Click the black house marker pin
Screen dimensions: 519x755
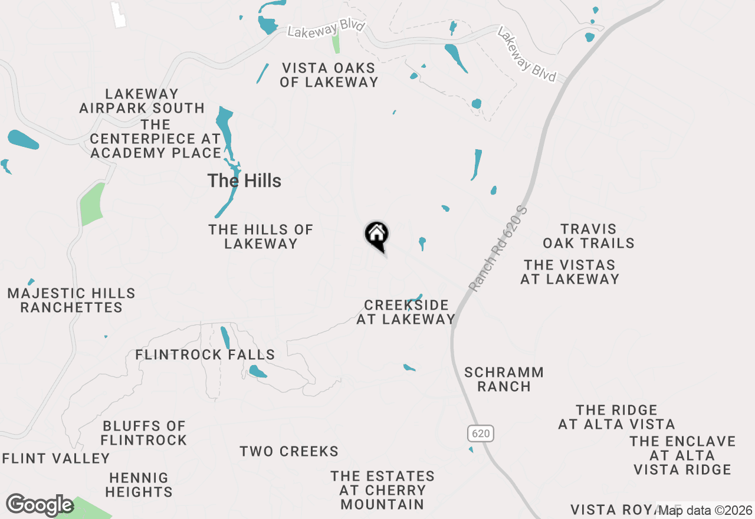[x=376, y=236]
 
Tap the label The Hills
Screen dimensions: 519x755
[x=244, y=181]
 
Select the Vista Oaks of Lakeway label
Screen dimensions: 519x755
[x=329, y=75]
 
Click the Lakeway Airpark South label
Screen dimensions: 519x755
[x=142, y=101]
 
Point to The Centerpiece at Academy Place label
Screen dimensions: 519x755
[x=156, y=139]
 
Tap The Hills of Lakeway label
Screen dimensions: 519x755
[x=261, y=236]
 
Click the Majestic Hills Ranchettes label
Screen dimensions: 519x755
[x=71, y=300]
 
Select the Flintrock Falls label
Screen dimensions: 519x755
[x=205, y=354]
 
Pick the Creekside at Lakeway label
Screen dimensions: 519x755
[x=406, y=312]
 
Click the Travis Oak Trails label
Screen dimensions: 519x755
[x=589, y=236]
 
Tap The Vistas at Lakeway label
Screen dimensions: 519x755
[x=570, y=272]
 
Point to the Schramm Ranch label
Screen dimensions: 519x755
[x=504, y=379]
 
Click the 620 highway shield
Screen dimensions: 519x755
[x=481, y=433]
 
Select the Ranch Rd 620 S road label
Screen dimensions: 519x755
[x=497, y=248]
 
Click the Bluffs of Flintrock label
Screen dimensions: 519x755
[x=144, y=433]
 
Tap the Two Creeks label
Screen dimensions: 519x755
[x=289, y=452]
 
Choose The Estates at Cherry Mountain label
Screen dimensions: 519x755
[x=382, y=490]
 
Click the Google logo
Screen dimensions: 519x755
[x=40, y=505]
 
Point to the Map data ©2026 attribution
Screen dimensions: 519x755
[x=705, y=510]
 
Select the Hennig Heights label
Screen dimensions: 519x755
[x=139, y=485]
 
